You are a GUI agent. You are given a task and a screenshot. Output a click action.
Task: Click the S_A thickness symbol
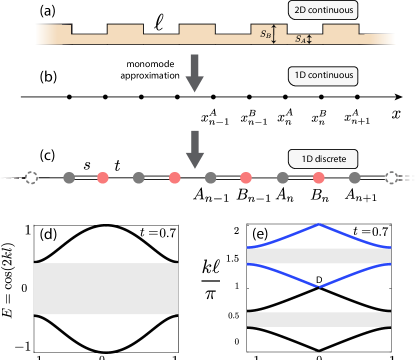click(299, 39)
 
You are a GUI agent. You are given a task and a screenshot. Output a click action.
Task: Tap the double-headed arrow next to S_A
click(310, 39)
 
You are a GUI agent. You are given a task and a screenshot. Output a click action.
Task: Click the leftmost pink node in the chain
click(103, 178)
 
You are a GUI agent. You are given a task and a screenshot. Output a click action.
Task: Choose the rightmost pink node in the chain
click(319, 178)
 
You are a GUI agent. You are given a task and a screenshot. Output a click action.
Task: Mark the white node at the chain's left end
click(31, 178)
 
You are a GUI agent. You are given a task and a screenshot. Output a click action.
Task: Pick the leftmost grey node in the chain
click(68, 178)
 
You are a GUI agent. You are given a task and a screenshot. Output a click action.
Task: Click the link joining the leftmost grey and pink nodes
click(86, 178)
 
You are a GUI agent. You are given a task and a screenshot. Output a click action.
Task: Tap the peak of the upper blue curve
click(319, 223)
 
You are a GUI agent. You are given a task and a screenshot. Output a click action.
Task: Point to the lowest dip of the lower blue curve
click(319, 286)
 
